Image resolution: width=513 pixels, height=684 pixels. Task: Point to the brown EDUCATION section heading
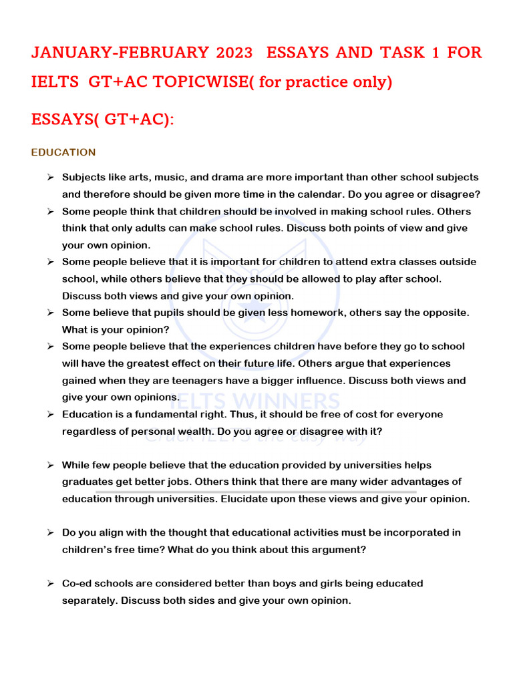click(x=63, y=152)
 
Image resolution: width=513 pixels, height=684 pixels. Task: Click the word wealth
click(x=204, y=432)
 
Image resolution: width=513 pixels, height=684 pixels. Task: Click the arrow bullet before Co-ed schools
click(x=50, y=583)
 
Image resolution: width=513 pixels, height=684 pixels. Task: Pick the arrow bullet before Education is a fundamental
click(x=50, y=414)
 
